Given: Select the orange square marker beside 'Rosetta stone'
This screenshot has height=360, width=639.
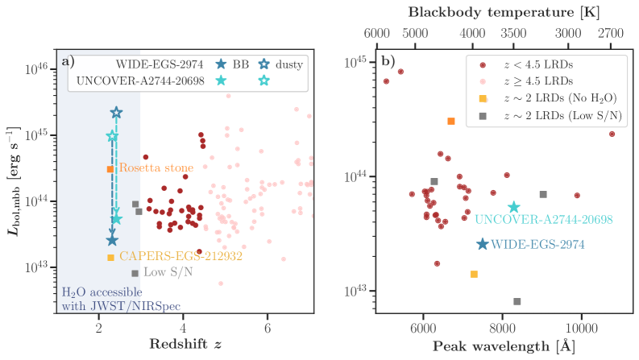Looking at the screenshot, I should pos(110,169).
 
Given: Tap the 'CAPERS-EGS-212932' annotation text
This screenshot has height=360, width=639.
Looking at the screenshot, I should pos(170,256).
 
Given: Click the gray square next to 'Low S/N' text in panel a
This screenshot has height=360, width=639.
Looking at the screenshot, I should pos(135,273).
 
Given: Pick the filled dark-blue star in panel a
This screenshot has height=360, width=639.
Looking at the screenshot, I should pos(112,240).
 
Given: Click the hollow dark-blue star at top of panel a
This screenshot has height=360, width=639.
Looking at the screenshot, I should pos(116,113).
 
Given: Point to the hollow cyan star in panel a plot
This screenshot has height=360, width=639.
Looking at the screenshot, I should pos(112,136).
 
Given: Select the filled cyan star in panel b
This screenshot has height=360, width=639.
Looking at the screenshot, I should pos(513,208).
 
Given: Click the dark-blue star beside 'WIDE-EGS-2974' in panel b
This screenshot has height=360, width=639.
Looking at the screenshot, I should pos(482,244).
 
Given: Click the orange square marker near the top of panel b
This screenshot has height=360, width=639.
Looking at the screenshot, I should pos(451,121).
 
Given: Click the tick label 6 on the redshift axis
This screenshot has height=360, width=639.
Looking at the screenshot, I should pos(267,329).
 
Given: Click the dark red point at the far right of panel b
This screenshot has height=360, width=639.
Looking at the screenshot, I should pos(612,134).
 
